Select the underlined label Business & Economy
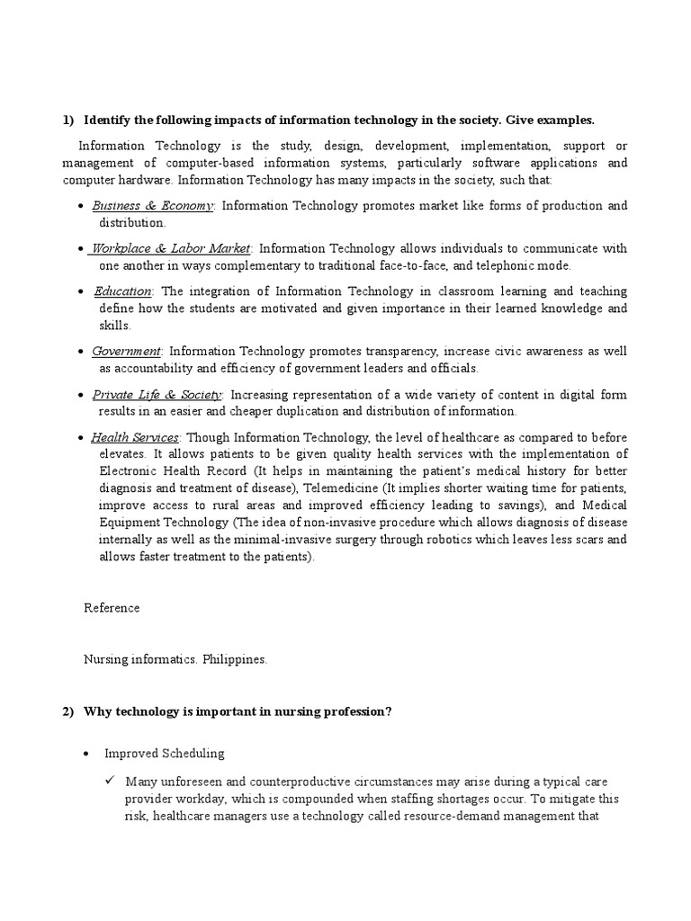click(x=152, y=206)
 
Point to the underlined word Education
click(x=123, y=291)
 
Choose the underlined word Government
click(x=126, y=351)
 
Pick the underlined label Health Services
click(x=134, y=437)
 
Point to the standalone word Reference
click(x=112, y=608)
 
